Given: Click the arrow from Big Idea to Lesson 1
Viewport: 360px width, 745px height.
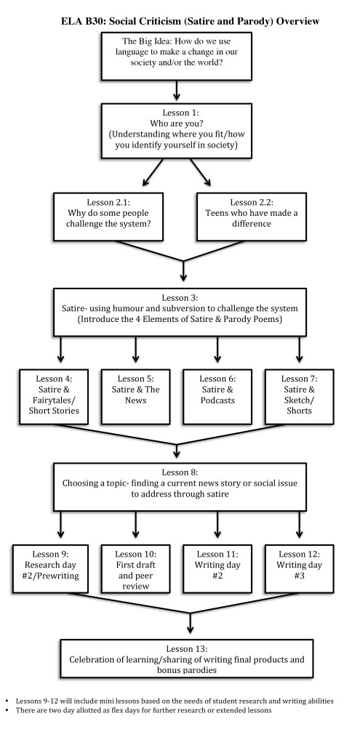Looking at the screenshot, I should click(x=177, y=91).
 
